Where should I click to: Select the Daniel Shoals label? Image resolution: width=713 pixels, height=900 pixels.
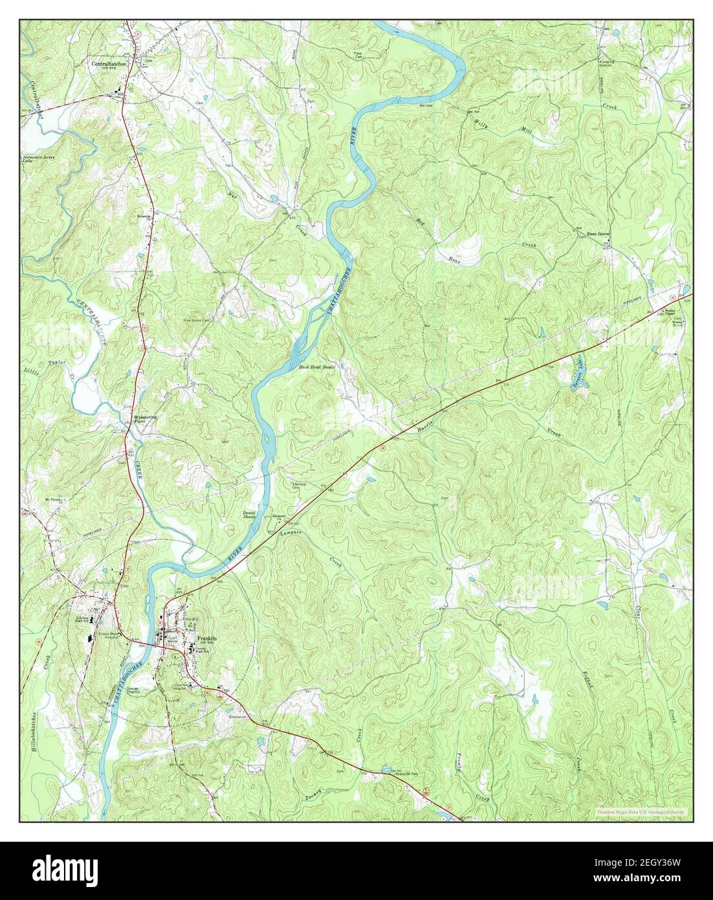tap(250, 515)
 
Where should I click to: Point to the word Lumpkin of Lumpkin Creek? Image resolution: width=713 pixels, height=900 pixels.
tap(291, 535)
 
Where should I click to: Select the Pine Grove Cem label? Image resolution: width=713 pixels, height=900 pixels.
tap(198, 320)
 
